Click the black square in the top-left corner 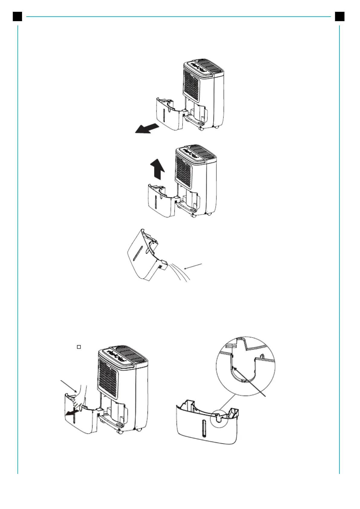[18, 16]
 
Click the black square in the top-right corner [340, 16]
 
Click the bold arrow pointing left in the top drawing [146, 129]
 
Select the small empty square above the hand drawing [79, 347]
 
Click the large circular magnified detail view [246, 366]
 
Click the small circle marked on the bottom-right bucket [219, 418]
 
